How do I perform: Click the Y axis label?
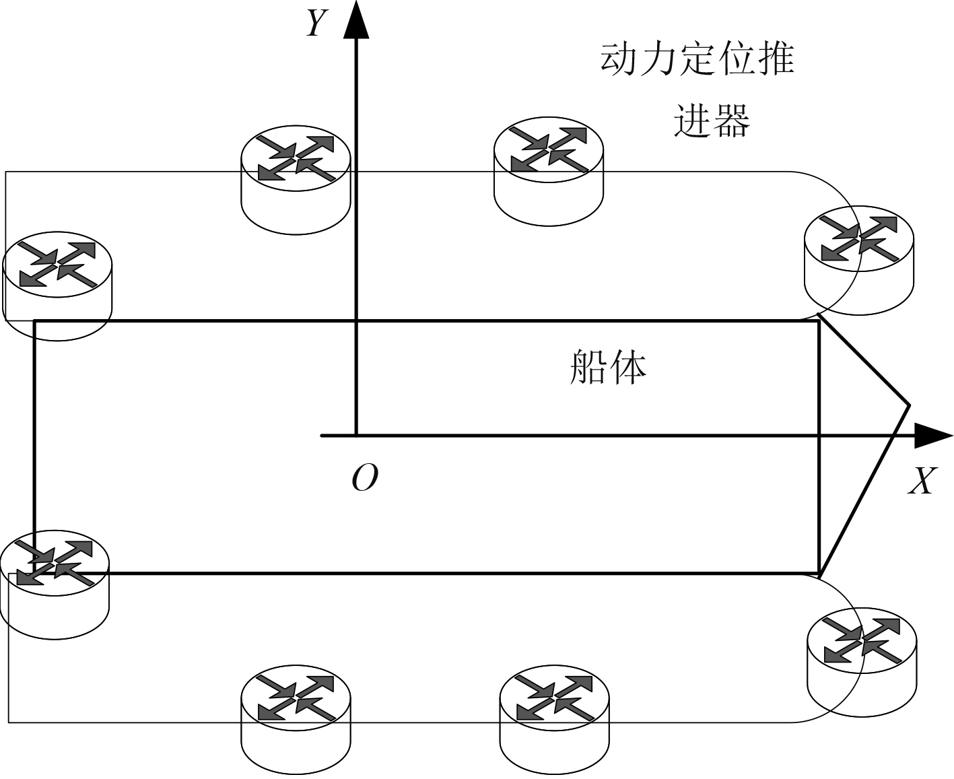316,24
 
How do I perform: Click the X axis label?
922,481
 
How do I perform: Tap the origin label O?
364,478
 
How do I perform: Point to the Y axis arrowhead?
355,20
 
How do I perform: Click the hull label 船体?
607,367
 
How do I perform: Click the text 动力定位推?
697,59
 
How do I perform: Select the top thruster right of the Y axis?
549,172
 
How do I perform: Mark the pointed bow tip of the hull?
910,405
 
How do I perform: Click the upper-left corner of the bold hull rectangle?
34,321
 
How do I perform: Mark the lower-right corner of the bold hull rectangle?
819,574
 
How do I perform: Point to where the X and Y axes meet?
355,436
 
